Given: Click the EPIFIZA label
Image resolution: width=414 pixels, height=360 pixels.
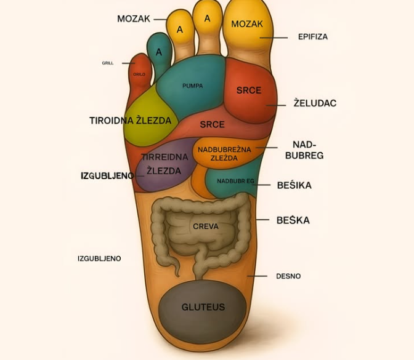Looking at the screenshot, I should [312, 37].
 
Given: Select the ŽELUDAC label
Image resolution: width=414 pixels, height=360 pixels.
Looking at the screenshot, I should [315, 103].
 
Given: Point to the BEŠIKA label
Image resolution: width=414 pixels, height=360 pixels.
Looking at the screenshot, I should [294, 185].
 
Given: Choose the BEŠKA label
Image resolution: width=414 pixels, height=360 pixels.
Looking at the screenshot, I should [293, 220].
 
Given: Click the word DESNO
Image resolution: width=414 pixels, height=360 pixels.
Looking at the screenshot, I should [288, 276].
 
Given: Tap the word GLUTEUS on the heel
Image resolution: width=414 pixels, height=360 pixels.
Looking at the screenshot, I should [203, 307].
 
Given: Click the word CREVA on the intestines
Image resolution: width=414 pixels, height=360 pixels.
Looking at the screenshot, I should [206, 226].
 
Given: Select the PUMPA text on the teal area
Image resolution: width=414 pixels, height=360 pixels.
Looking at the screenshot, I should [192, 86].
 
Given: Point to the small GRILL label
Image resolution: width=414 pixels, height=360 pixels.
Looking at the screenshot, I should [108, 63].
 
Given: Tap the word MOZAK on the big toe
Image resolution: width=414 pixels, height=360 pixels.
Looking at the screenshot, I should [247, 25].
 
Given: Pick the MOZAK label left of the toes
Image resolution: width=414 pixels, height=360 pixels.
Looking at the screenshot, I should [134, 19].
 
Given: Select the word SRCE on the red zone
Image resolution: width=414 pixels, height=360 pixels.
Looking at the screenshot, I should [249, 90].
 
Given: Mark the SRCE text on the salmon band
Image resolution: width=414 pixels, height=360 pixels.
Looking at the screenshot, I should [212, 124].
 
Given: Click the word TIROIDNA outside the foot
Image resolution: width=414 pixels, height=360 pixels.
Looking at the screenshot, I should [112, 121].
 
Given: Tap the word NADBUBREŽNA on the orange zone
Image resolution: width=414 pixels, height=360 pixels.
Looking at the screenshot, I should [222, 148].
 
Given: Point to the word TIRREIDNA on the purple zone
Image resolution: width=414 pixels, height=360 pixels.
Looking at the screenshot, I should [164, 158].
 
